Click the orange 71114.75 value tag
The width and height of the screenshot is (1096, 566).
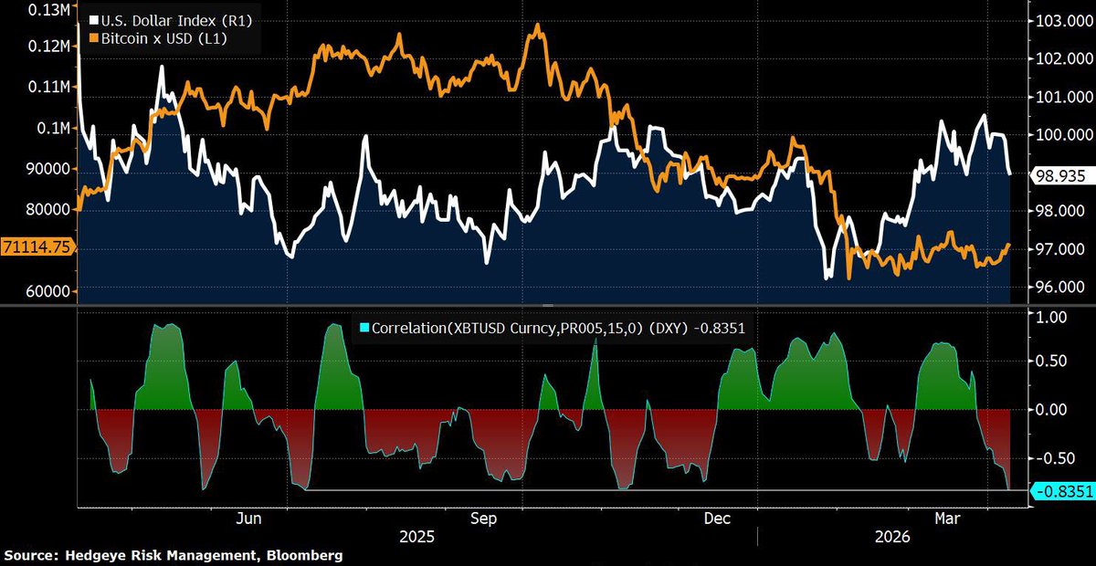(x=38, y=247)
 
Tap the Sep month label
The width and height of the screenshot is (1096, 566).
(x=483, y=518)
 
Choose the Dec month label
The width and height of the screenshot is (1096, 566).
(x=718, y=518)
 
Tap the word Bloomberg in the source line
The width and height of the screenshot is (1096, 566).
(x=302, y=555)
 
